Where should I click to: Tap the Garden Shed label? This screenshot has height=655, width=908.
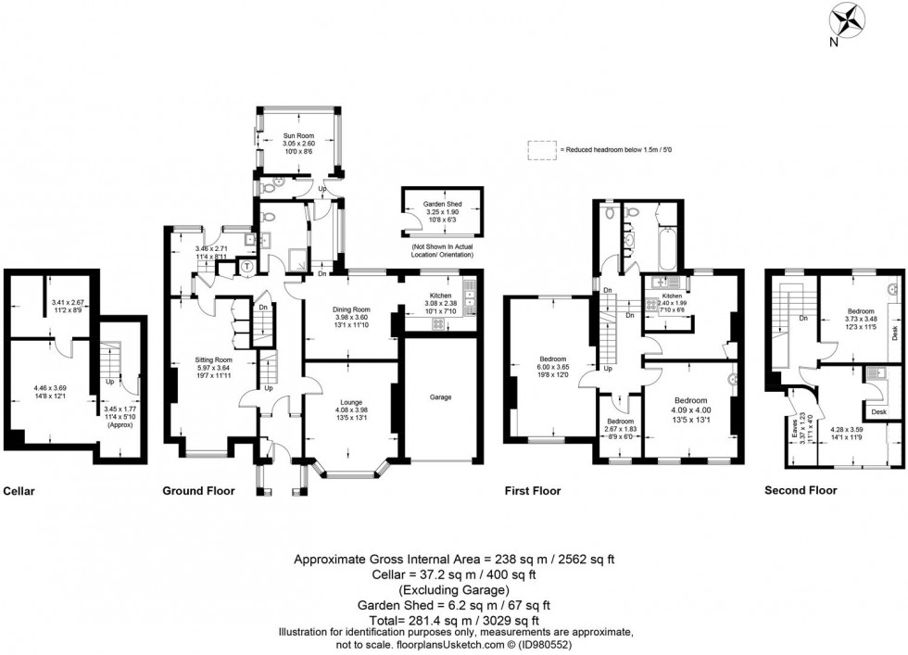click(443, 203)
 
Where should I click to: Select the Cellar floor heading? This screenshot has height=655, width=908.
click(19, 491)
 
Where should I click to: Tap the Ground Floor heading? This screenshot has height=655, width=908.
click(198, 491)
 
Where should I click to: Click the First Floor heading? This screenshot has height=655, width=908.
click(532, 491)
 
